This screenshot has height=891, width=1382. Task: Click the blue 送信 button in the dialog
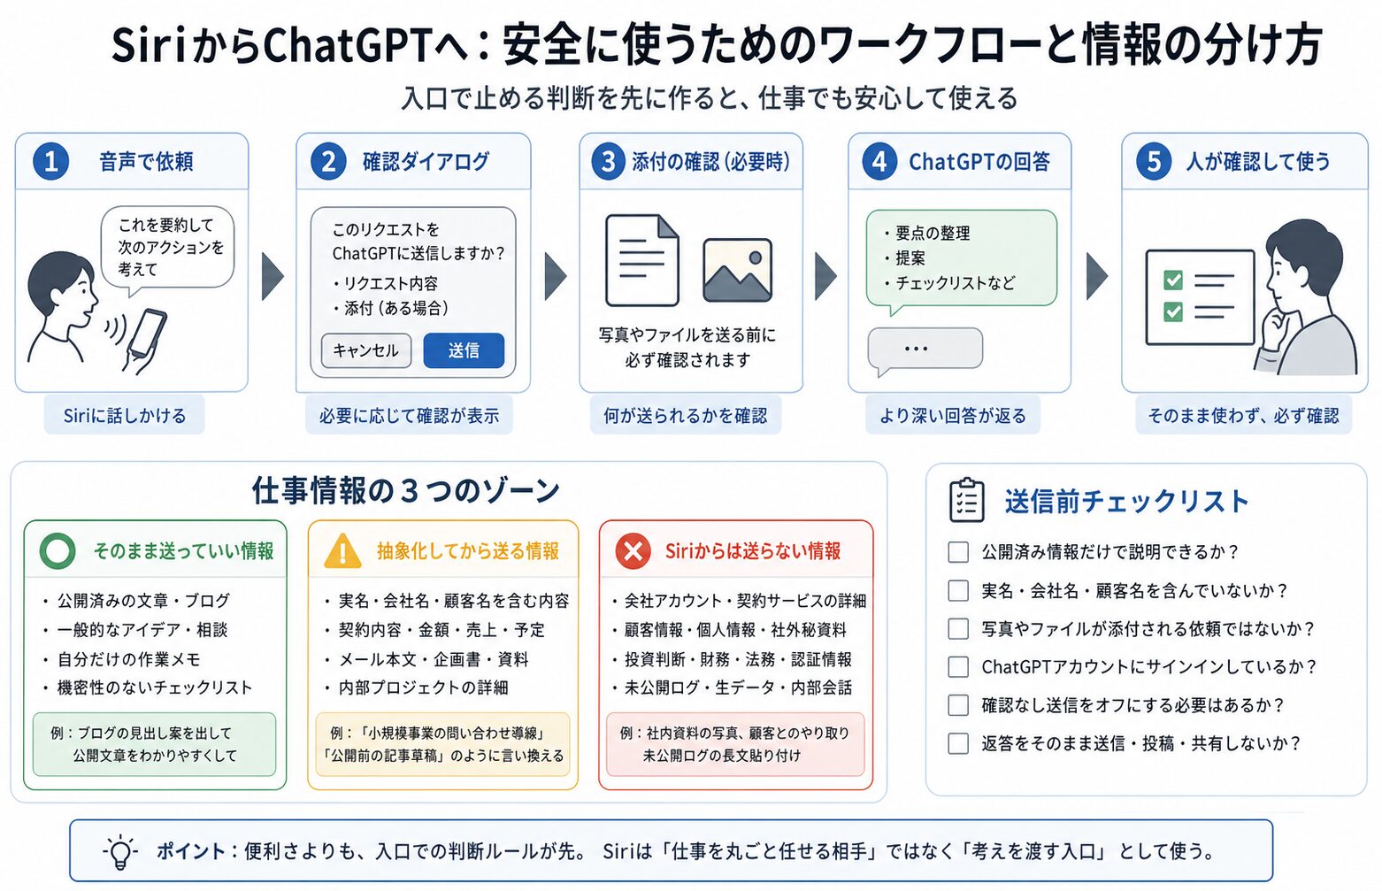[464, 350]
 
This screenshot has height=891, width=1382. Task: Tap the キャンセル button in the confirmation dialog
[366, 350]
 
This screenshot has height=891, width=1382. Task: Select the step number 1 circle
[50, 162]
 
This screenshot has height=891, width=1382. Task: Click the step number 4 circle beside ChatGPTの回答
[879, 162]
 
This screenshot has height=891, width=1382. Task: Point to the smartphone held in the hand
[146, 332]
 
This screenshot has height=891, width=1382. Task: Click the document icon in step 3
[642, 260]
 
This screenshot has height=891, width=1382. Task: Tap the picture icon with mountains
[737, 270]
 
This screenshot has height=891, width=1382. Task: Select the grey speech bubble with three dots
[925, 350]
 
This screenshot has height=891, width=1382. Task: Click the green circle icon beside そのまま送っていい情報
[57, 551]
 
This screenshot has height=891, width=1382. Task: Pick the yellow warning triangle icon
[342, 551]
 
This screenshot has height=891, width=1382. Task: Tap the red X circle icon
[633, 551]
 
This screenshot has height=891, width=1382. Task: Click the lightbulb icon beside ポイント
[120, 852]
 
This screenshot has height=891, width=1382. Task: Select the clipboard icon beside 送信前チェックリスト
[966, 500]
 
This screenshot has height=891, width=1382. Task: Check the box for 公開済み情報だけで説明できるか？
[958, 551]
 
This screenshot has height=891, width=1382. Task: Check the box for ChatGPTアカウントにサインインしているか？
[958, 667]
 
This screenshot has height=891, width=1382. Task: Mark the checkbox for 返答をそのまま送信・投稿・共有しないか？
[958, 743]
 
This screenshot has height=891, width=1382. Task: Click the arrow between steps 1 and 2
[273, 276]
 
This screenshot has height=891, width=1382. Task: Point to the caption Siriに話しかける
[125, 416]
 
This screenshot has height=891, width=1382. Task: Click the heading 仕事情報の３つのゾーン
[405, 491]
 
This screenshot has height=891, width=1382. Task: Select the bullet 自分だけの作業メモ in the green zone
[129, 659]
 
